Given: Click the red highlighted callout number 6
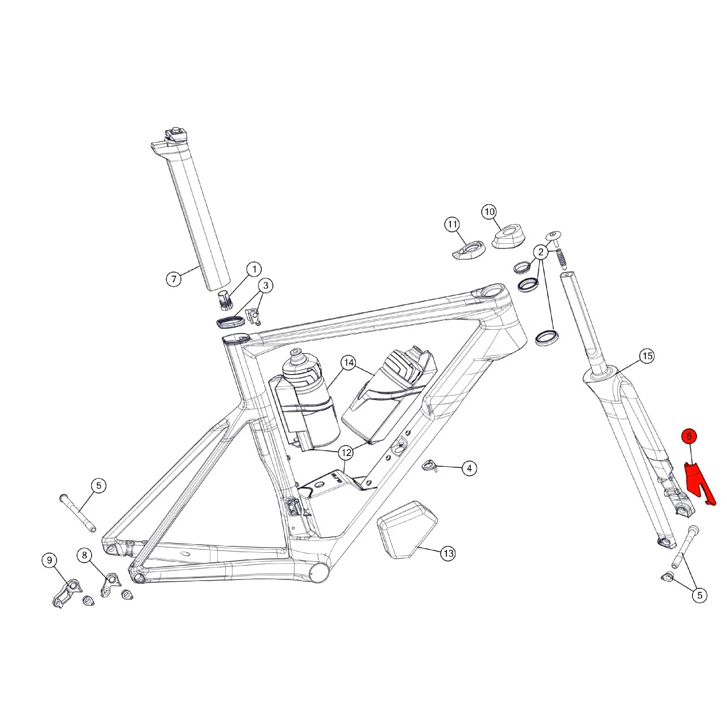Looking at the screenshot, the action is click(689, 437).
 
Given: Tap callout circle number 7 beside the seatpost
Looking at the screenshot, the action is click(174, 279).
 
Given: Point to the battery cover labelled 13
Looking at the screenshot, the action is click(407, 531).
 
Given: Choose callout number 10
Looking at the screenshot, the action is click(489, 212).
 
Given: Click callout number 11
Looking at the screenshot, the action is click(452, 225).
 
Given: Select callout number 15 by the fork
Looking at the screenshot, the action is click(647, 356).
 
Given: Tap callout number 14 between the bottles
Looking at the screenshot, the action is click(349, 363).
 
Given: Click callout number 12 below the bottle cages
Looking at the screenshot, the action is click(346, 453).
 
